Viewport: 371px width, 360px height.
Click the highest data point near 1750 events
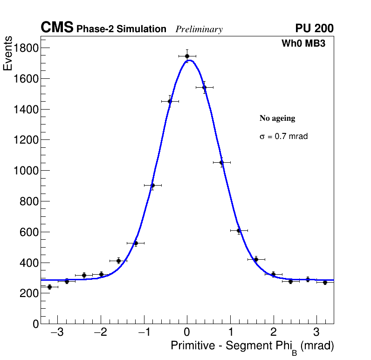pyautogui.click(x=187, y=56)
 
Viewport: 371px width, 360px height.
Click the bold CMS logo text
pyautogui.click(x=57, y=28)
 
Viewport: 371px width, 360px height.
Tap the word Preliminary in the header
pyautogui.click(x=199, y=29)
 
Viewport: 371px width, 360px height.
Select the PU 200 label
pyautogui.click(x=314, y=28)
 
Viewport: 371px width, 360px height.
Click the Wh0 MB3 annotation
pyautogui.click(x=303, y=43)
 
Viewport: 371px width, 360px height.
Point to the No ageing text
pyautogui.click(x=277, y=118)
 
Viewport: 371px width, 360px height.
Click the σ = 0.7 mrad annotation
pyautogui.click(x=283, y=137)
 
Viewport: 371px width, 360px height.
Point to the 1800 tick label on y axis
pyautogui.click(x=24, y=48)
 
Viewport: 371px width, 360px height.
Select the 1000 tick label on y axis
pyautogui.click(x=24, y=171)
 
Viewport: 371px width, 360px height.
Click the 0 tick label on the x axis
pyautogui.click(x=187, y=332)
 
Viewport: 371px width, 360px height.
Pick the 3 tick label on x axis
pyautogui.click(x=316, y=332)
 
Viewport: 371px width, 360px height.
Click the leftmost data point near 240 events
pyautogui.click(x=49, y=287)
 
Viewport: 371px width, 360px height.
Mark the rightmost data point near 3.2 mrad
pyautogui.click(x=325, y=282)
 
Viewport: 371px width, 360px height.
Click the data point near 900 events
pyautogui.click(x=152, y=185)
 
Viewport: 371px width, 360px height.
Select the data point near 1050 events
pyautogui.click(x=221, y=162)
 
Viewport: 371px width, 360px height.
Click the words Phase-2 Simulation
pyautogui.click(x=121, y=29)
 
